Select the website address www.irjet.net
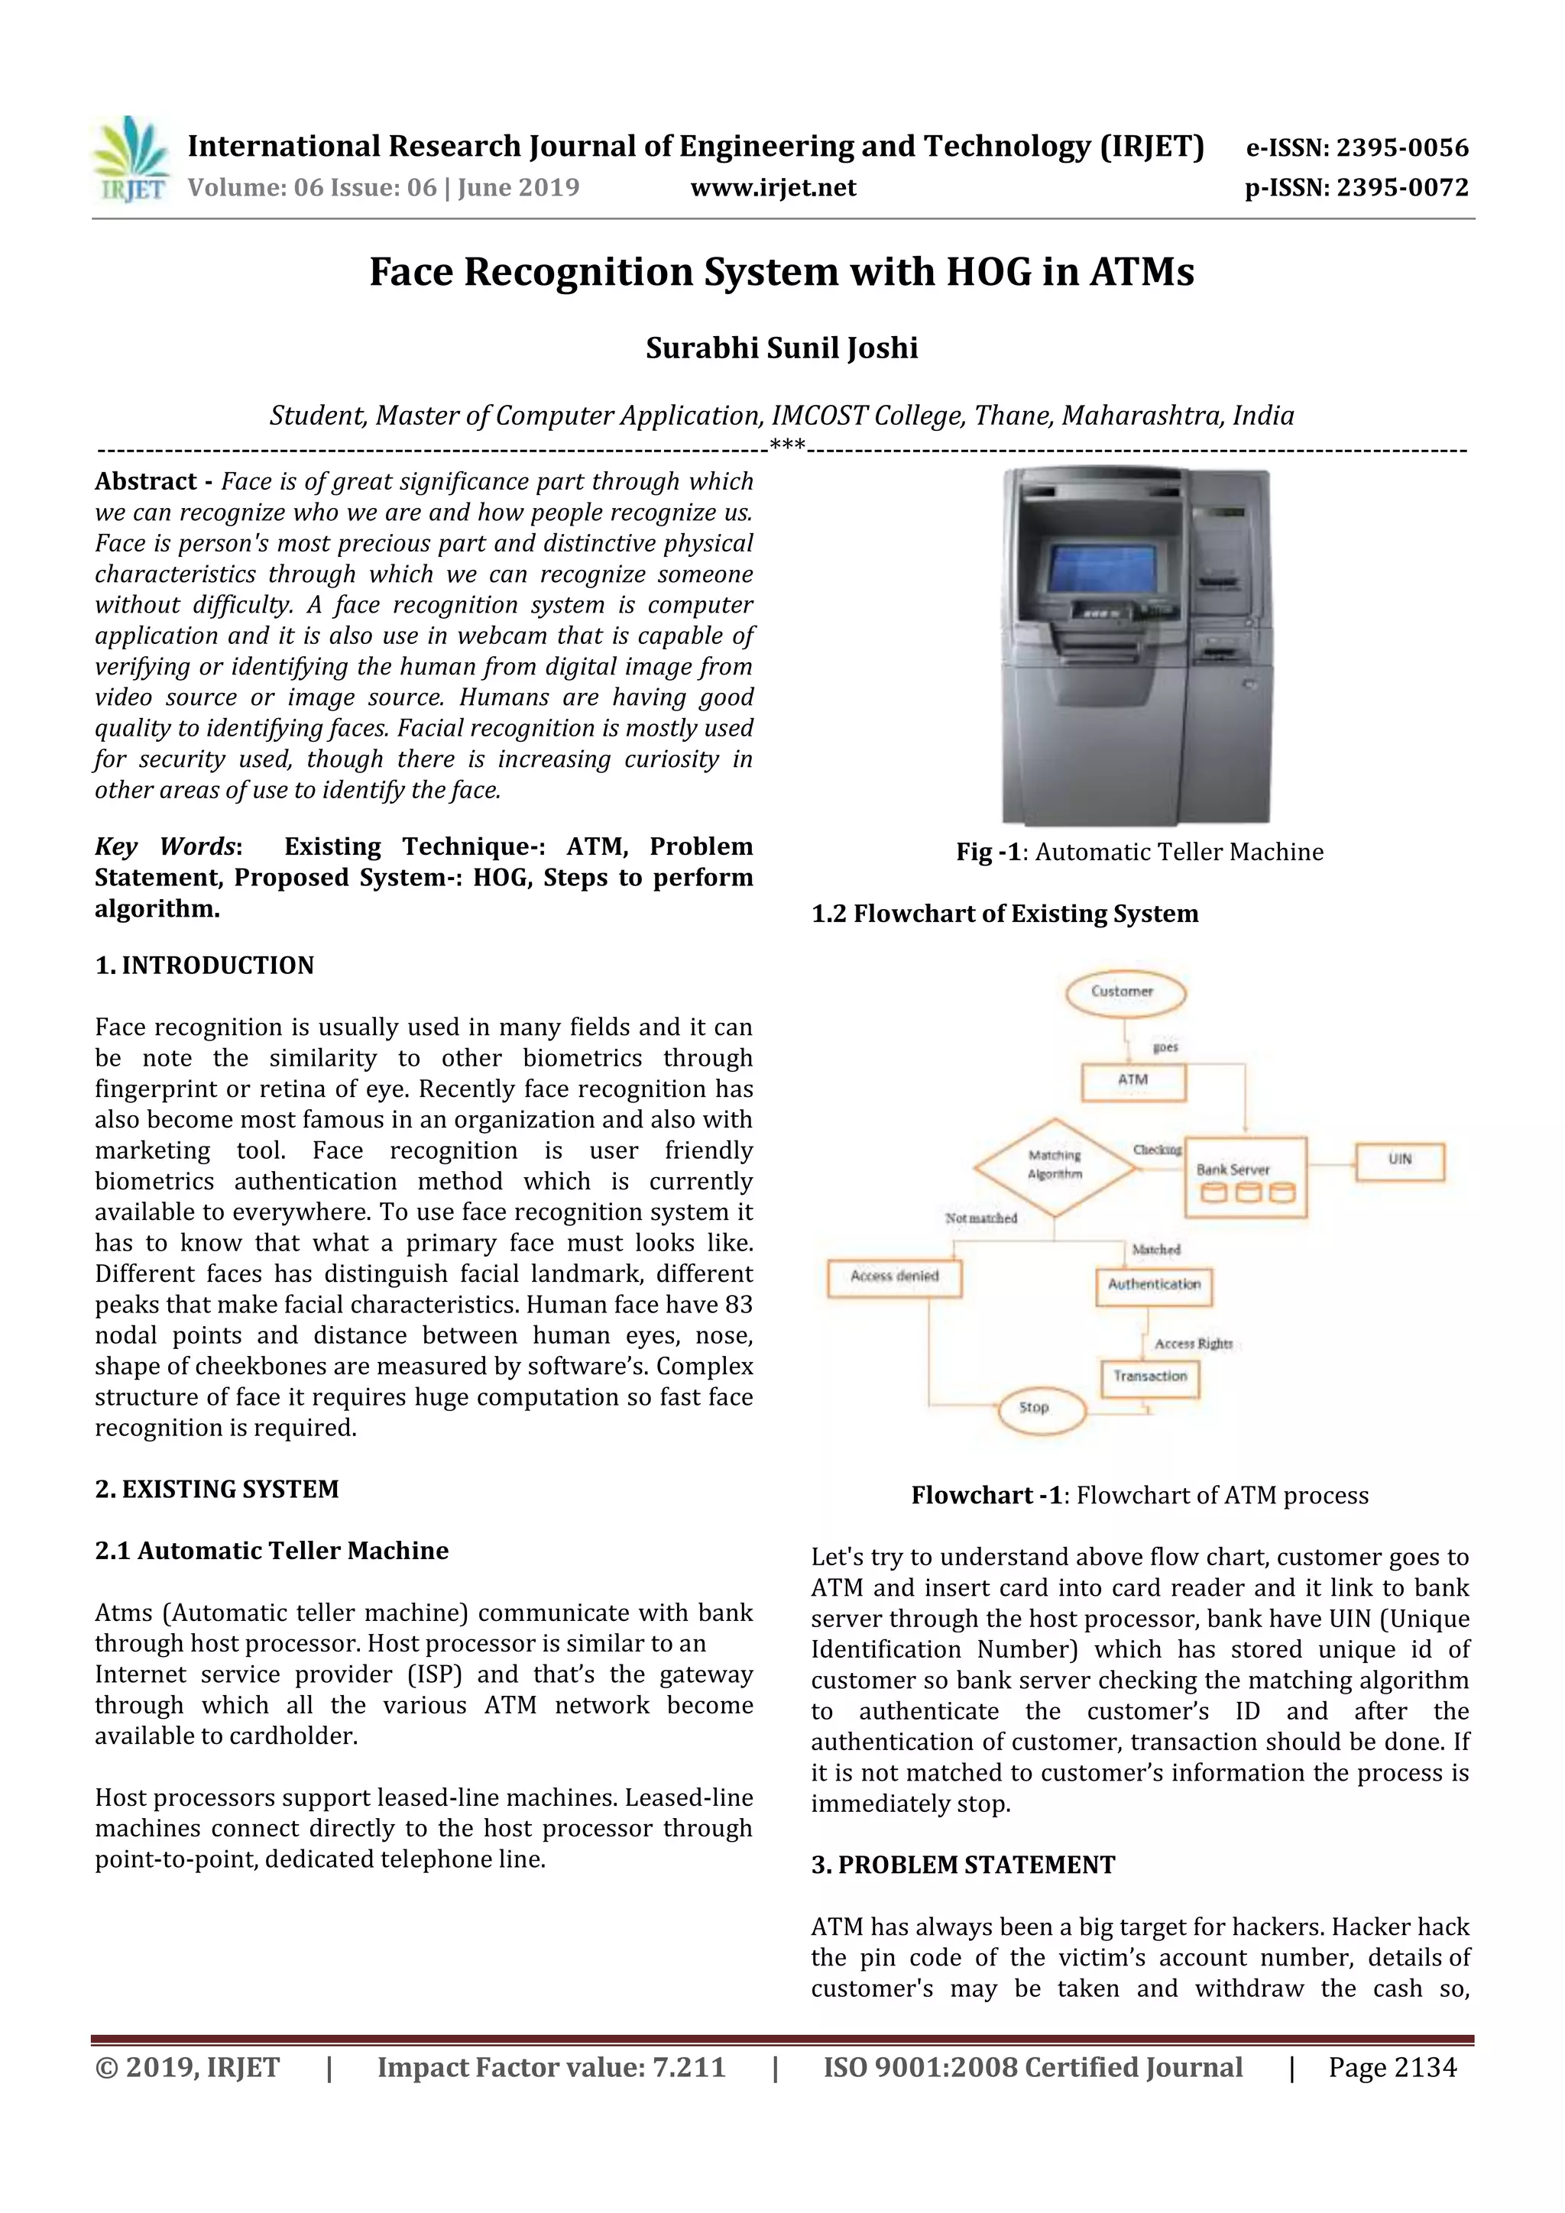(x=773, y=187)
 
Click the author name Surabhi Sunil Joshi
(x=781, y=348)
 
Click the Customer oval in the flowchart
(x=1123, y=992)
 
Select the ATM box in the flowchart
(x=1133, y=1080)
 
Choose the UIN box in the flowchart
(x=1399, y=1160)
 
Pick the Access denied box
(x=895, y=1277)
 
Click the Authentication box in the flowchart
(x=1153, y=1285)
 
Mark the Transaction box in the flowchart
(x=1149, y=1377)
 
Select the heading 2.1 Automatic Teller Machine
(x=272, y=1551)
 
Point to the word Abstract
(x=146, y=482)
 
